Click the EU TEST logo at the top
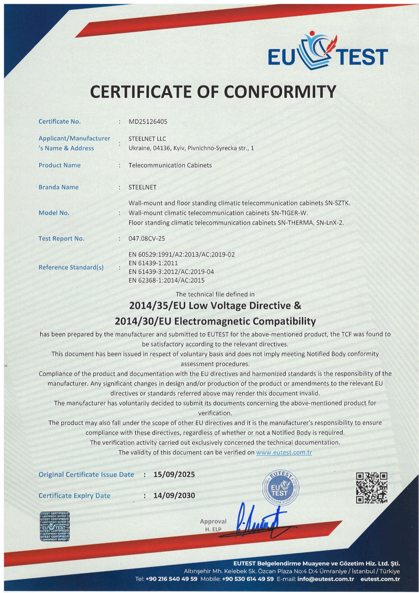click(x=328, y=52)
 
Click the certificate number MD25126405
click(x=148, y=122)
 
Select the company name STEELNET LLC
click(x=147, y=139)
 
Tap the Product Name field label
click(x=59, y=165)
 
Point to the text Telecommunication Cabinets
click(x=170, y=165)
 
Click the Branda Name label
click(x=58, y=187)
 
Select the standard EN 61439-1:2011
click(x=153, y=263)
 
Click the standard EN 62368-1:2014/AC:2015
click(x=166, y=280)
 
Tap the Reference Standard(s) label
click(x=71, y=267)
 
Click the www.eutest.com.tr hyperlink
click(x=284, y=452)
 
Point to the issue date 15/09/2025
click(x=174, y=474)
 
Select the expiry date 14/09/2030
click(x=174, y=496)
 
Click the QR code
click(x=371, y=488)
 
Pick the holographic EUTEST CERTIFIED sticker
click(x=55, y=527)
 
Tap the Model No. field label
click(x=54, y=213)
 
